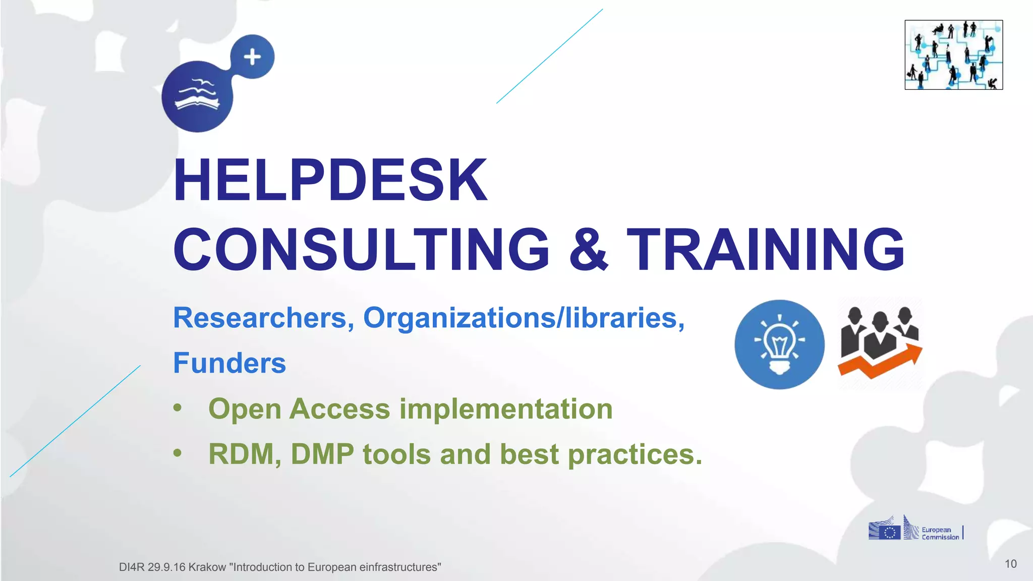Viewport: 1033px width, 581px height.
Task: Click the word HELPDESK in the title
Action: click(x=330, y=180)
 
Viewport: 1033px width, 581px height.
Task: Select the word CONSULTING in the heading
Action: click(x=361, y=249)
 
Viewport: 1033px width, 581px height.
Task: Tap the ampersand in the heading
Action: click(x=588, y=249)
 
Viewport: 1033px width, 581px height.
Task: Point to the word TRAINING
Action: click(x=766, y=249)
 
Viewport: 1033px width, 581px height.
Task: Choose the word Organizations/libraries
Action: click(x=524, y=318)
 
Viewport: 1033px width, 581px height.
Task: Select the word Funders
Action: click(x=229, y=363)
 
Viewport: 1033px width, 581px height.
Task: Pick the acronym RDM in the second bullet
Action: click(x=241, y=454)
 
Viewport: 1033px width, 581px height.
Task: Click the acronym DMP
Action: click(x=322, y=454)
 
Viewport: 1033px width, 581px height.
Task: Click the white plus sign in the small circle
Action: click(x=252, y=56)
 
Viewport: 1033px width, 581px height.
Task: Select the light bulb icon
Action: click(x=779, y=345)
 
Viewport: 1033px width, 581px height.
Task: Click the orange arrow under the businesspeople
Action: click(x=880, y=363)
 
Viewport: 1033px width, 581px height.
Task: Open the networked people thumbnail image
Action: click(x=953, y=55)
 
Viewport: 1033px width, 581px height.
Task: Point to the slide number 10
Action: click(x=1010, y=564)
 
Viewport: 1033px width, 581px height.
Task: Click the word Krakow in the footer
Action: click(x=207, y=567)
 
